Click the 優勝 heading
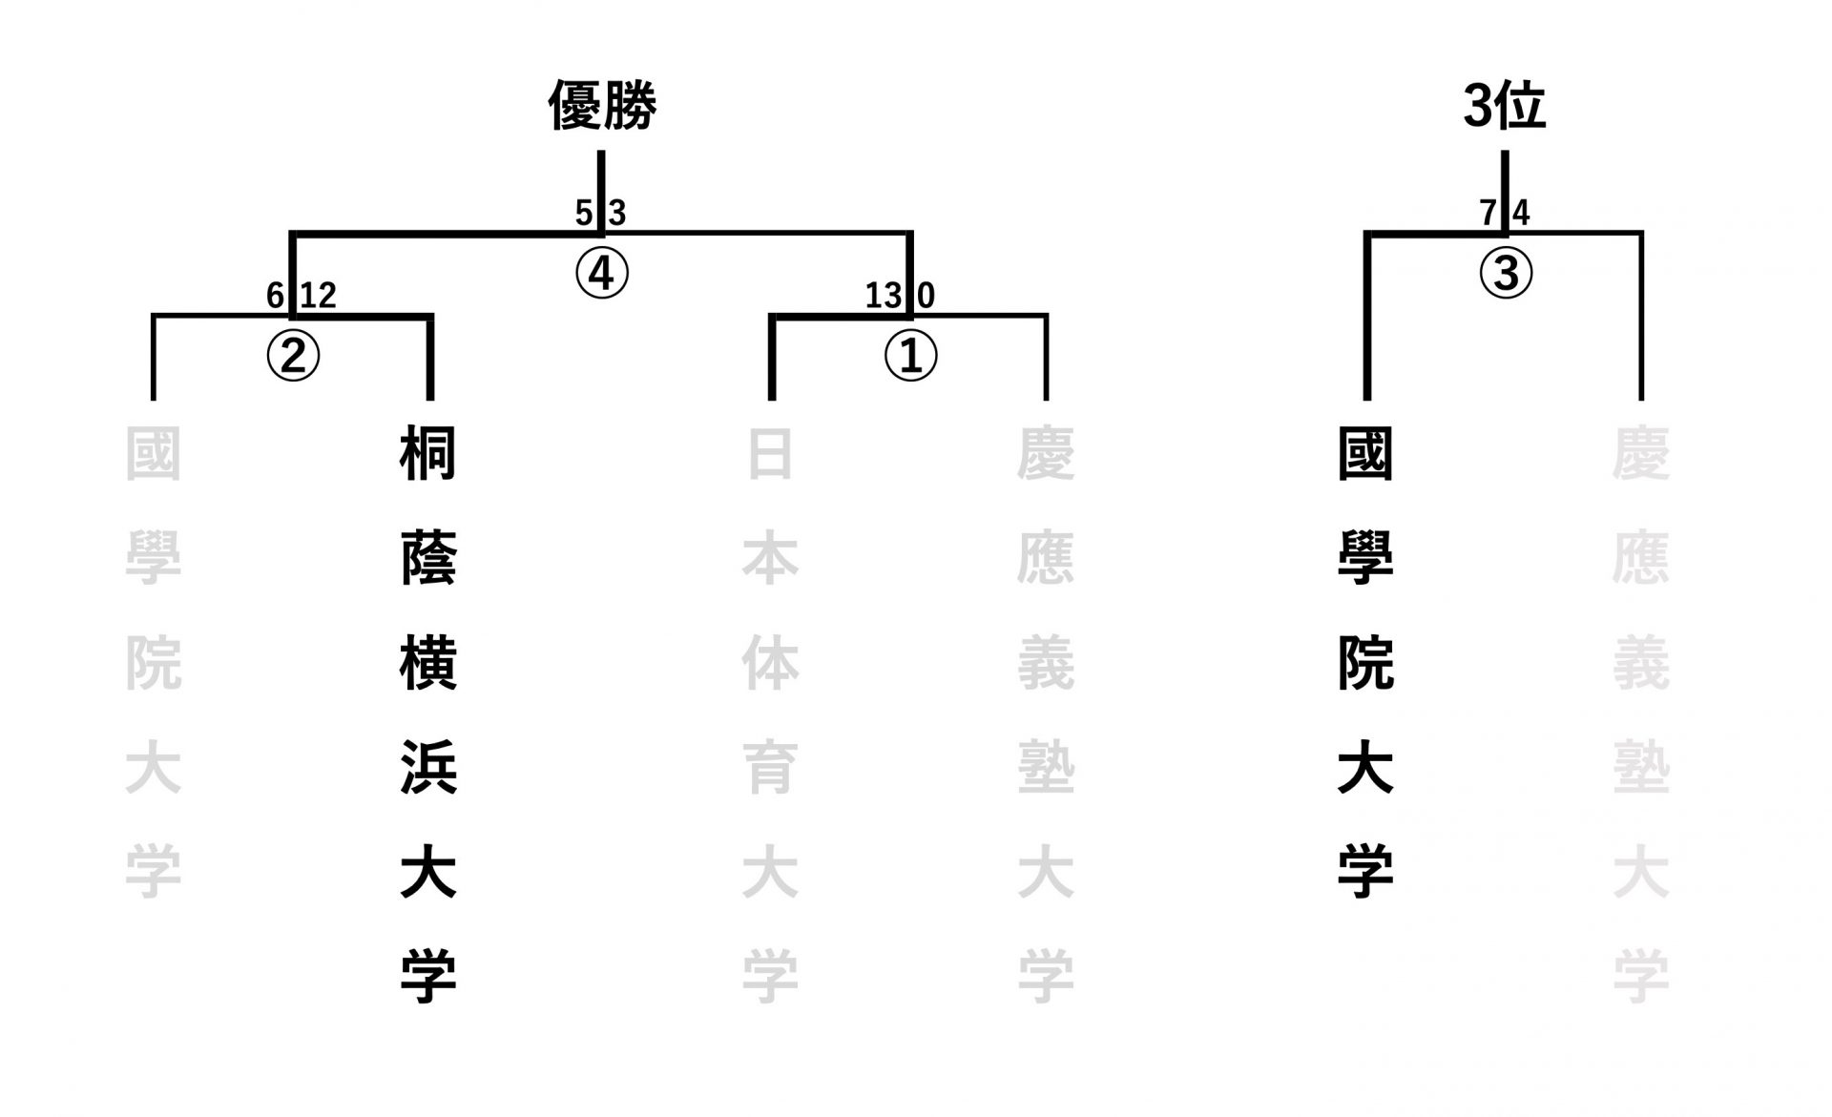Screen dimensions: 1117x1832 tap(602, 105)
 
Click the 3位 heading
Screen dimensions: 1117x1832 tap(1504, 105)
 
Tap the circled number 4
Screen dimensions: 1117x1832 tap(602, 274)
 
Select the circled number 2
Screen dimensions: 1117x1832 tap(293, 356)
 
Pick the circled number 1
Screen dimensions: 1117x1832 tap(910, 356)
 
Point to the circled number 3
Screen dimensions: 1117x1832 tap(1505, 274)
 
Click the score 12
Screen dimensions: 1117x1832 tap(319, 296)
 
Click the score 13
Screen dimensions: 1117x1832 tap(883, 296)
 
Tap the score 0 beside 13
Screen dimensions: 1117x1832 tap(926, 296)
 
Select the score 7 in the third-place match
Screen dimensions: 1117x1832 tap(1488, 213)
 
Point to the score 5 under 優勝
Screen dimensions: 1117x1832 tap(583, 213)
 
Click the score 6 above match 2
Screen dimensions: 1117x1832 tap(275, 296)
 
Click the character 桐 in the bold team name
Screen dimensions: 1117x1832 tap(428, 454)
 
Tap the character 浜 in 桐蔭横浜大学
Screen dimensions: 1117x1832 tap(428, 768)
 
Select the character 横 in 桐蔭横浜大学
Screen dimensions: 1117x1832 tap(428, 664)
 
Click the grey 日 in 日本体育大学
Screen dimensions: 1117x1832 tap(770, 454)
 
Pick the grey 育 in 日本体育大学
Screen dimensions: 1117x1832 tap(770, 768)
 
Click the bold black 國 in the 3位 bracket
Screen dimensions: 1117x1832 tap(1365, 454)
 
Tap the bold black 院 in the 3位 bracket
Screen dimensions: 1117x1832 tap(1365, 664)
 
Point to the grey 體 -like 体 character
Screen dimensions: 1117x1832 tap(770, 664)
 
